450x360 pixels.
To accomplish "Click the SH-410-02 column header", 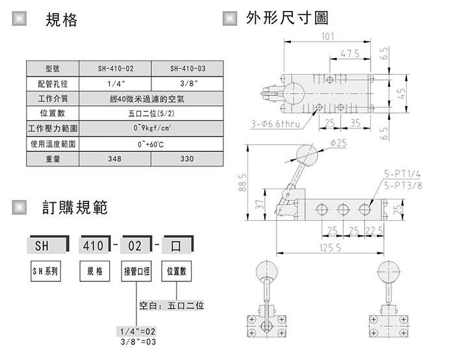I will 116,68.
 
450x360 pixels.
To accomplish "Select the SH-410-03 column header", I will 187,68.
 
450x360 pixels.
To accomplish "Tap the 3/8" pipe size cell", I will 187,83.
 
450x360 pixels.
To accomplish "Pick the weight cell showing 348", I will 116,159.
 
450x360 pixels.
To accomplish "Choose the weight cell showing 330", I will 187,159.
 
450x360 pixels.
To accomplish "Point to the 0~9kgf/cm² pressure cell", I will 151,129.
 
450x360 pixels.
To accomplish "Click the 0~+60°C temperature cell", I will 151,144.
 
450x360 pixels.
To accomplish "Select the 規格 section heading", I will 61,21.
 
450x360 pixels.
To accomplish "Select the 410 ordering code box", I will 93,247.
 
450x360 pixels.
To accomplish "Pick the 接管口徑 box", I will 136,270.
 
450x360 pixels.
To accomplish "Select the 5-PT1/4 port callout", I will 403,174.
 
